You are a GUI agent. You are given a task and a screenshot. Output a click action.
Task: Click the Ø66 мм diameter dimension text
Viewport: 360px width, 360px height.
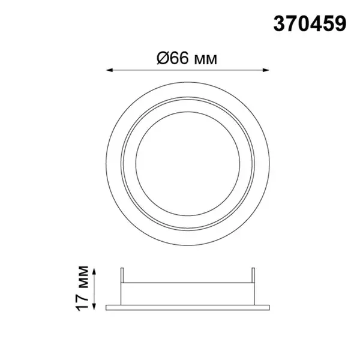tap(187, 58)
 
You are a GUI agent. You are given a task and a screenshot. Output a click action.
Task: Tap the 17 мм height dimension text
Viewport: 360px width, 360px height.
tap(82, 289)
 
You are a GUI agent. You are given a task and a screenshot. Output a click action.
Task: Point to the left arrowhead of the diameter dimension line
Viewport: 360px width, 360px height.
tap(110, 70)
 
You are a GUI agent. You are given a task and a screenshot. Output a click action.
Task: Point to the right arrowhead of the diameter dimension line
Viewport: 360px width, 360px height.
tap(266, 70)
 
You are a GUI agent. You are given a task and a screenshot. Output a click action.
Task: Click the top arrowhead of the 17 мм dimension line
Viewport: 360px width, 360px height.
tap(94, 271)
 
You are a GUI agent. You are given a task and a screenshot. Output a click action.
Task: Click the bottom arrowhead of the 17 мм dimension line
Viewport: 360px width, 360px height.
tap(94, 307)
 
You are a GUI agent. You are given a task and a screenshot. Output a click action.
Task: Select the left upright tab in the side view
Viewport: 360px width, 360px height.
tap(122, 275)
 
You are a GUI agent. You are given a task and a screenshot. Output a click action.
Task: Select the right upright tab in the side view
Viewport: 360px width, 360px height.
tap(253, 275)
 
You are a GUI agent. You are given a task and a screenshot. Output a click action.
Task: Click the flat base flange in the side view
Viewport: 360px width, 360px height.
tap(188, 308)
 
